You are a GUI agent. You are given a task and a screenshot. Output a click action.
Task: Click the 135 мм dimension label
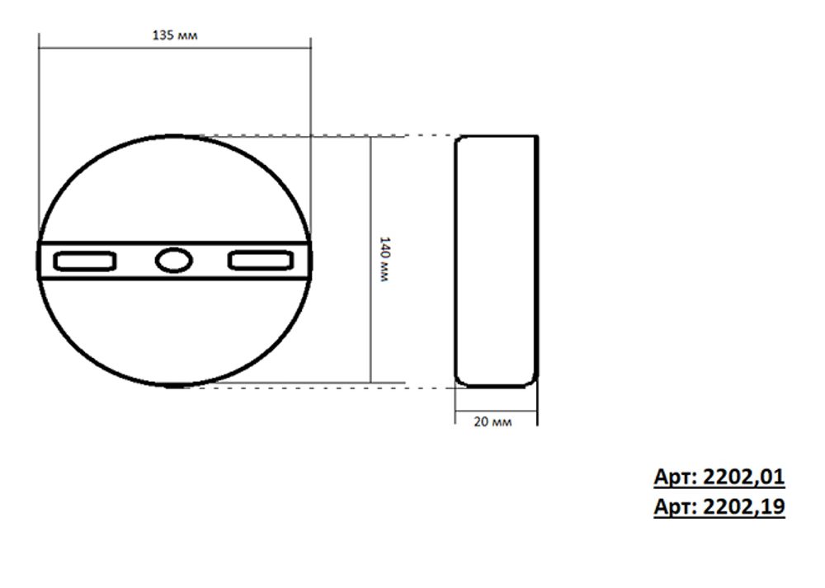click(x=175, y=35)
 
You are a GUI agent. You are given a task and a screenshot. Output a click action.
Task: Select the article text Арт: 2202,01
click(x=719, y=477)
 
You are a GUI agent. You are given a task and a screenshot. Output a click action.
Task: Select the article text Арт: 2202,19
click(x=719, y=506)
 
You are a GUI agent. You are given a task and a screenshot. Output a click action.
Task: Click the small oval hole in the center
click(x=173, y=261)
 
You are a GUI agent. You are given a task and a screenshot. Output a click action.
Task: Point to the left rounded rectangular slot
click(x=84, y=261)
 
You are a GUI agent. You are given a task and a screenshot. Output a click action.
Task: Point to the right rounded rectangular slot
click(x=261, y=261)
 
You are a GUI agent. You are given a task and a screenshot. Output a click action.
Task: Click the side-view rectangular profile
click(x=497, y=261)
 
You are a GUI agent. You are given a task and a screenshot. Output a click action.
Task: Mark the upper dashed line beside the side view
click(x=430, y=136)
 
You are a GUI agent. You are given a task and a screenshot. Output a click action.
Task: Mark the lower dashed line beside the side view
click(x=430, y=385)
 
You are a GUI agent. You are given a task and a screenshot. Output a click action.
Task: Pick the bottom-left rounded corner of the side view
click(x=460, y=382)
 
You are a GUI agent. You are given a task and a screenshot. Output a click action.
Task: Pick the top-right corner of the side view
click(x=536, y=137)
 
